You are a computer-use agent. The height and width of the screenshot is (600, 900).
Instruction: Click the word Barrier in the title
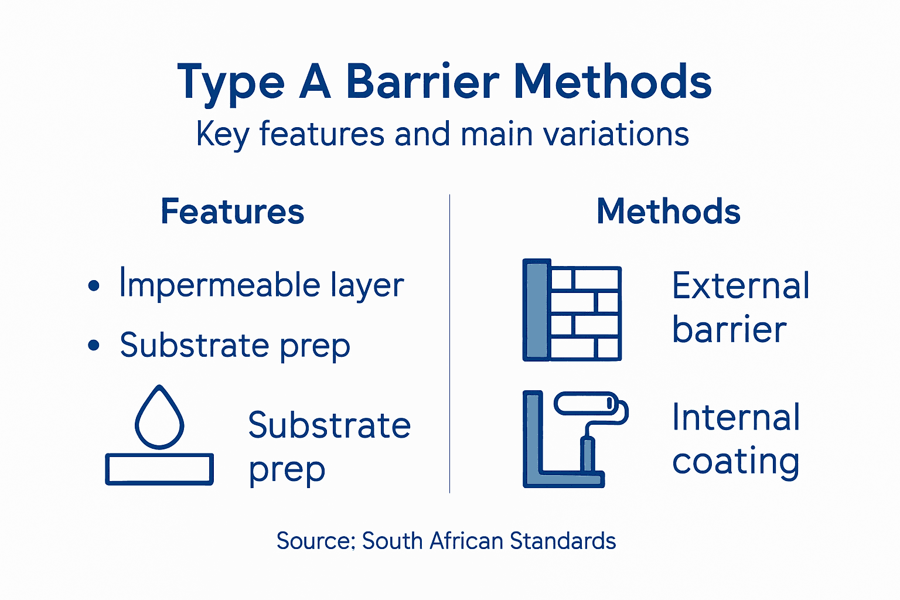422,82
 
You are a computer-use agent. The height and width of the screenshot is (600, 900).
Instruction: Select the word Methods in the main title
612,82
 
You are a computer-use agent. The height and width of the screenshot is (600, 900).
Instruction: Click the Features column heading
233,212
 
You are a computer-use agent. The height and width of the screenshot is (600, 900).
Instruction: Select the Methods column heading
669,212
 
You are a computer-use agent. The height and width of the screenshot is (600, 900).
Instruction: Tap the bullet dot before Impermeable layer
94,286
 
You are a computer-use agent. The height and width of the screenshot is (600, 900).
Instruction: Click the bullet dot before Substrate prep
94,345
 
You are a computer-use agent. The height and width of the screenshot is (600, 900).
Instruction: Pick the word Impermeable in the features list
220,286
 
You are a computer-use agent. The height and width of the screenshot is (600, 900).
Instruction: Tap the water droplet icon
159,417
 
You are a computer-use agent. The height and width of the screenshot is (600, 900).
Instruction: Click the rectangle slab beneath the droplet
159,469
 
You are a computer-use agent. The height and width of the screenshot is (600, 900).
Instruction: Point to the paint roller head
586,403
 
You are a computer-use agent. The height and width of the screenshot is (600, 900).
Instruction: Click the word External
741,286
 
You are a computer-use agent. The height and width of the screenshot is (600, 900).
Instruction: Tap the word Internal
736,417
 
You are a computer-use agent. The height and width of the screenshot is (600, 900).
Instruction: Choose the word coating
736,462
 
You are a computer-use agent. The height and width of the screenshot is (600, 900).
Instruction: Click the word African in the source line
466,541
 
